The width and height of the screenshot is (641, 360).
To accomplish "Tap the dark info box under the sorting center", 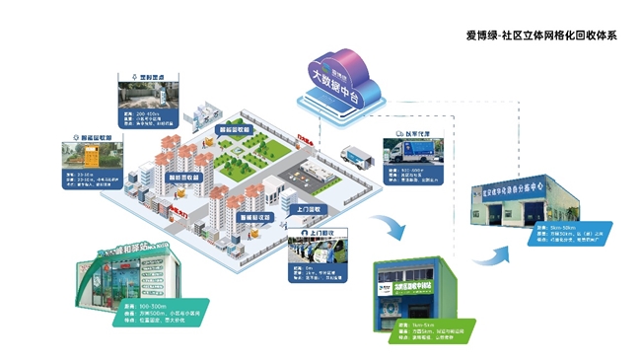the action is (x=570, y=236).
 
